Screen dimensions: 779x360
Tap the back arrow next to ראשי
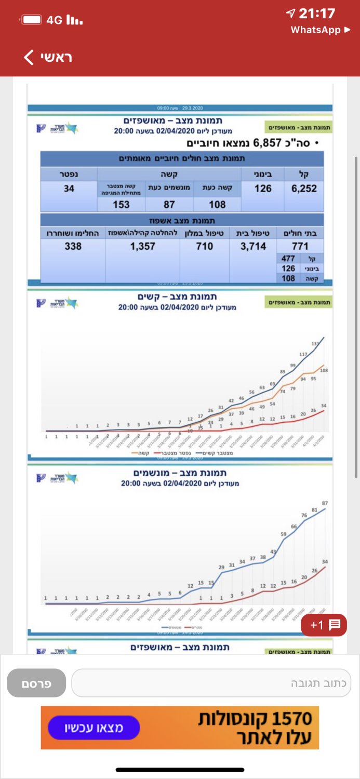coord(29,57)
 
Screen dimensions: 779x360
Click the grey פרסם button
coord(36,683)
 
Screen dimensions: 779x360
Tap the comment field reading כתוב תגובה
coord(211,683)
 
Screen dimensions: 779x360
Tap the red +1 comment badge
coord(324,625)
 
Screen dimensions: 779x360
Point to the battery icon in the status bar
coord(32,20)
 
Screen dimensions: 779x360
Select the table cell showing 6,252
coord(304,189)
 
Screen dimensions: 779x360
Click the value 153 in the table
coord(121,205)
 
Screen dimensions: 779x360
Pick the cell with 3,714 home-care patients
coord(254,246)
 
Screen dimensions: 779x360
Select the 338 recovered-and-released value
coord(73,246)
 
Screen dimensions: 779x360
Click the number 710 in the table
coord(204,246)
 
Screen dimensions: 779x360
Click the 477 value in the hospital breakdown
coord(288,259)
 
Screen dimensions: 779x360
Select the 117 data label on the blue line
coord(303,354)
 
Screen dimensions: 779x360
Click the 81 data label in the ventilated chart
coord(314,510)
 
